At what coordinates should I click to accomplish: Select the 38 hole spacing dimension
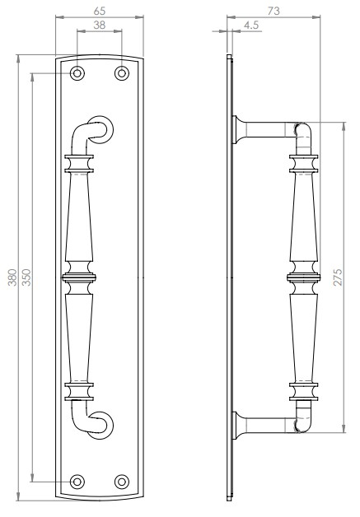(x=99, y=26)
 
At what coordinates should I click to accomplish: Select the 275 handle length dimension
(x=338, y=277)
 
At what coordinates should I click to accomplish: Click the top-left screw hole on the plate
(x=77, y=73)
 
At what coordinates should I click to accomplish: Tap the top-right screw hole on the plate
(x=122, y=73)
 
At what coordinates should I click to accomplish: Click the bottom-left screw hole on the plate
(x=77, y=481)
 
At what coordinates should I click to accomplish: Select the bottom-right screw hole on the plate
(x=122, y=481)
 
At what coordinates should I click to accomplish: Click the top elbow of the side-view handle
(x=303, y=130)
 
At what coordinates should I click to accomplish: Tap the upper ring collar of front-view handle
(x=79, y=163)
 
